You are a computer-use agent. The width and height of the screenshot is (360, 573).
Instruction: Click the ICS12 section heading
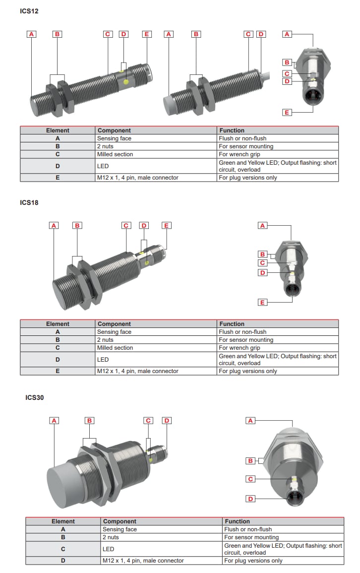pyautogui.click(x=29, y=11)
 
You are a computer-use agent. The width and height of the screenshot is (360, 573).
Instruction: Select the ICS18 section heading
pyautogui.click(x=29, y=202)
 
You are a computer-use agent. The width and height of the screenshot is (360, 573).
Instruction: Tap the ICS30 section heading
pyautogui.click(x=35, y=397)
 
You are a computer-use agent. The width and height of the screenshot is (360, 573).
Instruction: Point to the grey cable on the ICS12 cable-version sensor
pyautogui.click(x=268, y=76)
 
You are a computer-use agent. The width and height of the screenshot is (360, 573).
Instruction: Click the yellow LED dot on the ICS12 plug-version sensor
pyautogui.click(x=126, y=81)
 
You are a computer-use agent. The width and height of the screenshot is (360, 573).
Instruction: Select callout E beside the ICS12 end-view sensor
pyautogui.click(x=287, y=113)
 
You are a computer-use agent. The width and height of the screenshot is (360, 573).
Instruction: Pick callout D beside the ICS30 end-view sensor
pyautogui.click(x=250, y=499)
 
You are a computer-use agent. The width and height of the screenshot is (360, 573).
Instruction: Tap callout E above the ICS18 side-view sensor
pyautogui.click(x=166, y=225)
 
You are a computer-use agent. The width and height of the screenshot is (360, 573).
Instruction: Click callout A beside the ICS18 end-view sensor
pyautogui.click(x=263, y=225)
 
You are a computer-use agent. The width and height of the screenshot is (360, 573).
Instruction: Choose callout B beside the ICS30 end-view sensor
pyautogui.click(x=250, y=460)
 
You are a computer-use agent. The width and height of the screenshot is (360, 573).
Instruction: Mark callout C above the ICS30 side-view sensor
pyautogui.click(x=148, y=421)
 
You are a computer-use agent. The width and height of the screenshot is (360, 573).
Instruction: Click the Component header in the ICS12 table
pyautogui.click(x=114, y=130)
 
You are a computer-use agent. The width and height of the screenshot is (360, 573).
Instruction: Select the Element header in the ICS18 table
pyautogui.click(x=58, y=324)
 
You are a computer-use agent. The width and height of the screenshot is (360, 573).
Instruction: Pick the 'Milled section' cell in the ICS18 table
pyautogui.click(x=115, y=348)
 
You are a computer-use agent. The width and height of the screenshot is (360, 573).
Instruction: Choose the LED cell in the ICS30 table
pyautogui.click(x=108, y=549)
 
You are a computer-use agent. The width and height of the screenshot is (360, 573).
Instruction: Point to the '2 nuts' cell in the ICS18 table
pyautogui.click(x=105, y=340)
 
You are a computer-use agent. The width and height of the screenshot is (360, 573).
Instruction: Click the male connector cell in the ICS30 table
pyautogui.click(x=143, y=561)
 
